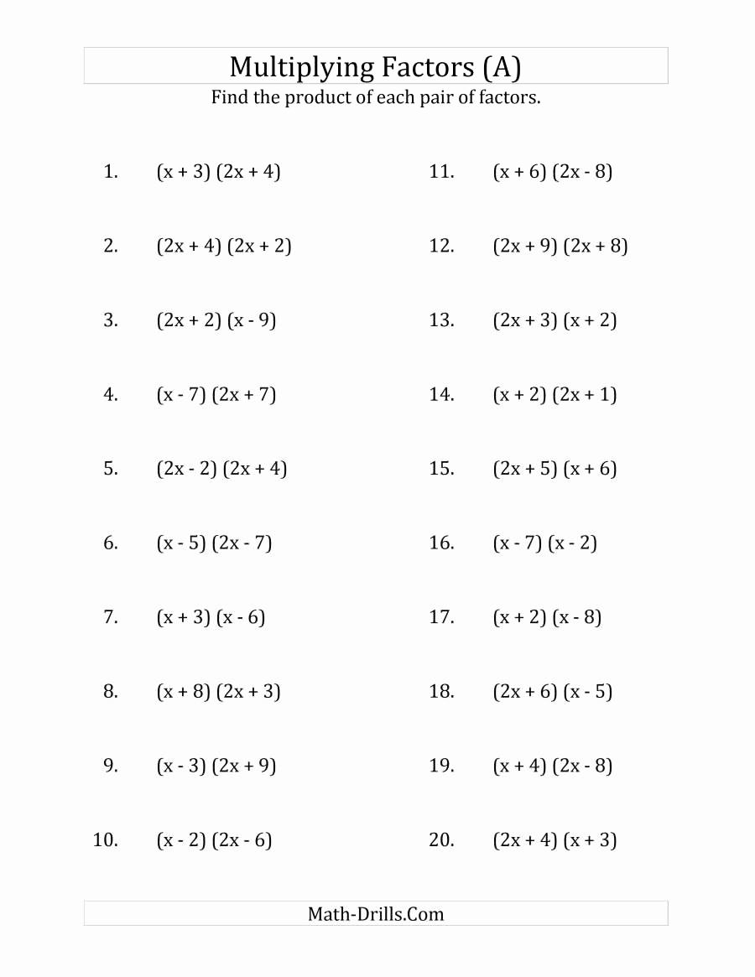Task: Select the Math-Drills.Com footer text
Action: click(376, 913)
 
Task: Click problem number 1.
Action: click(110, 172)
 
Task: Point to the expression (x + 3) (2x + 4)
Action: click(218, 172)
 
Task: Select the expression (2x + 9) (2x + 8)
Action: click(560, 246)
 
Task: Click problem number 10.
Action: click(105, 839)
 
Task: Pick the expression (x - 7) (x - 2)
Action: click(544, 543)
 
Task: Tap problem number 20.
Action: click(441, 839)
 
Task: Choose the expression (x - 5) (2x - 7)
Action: click(214, 543)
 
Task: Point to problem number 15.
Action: click(441, 469)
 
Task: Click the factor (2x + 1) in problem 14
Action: click(585, 394)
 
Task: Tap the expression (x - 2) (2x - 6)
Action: click(214, 839)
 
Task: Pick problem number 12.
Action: click(441, 246)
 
